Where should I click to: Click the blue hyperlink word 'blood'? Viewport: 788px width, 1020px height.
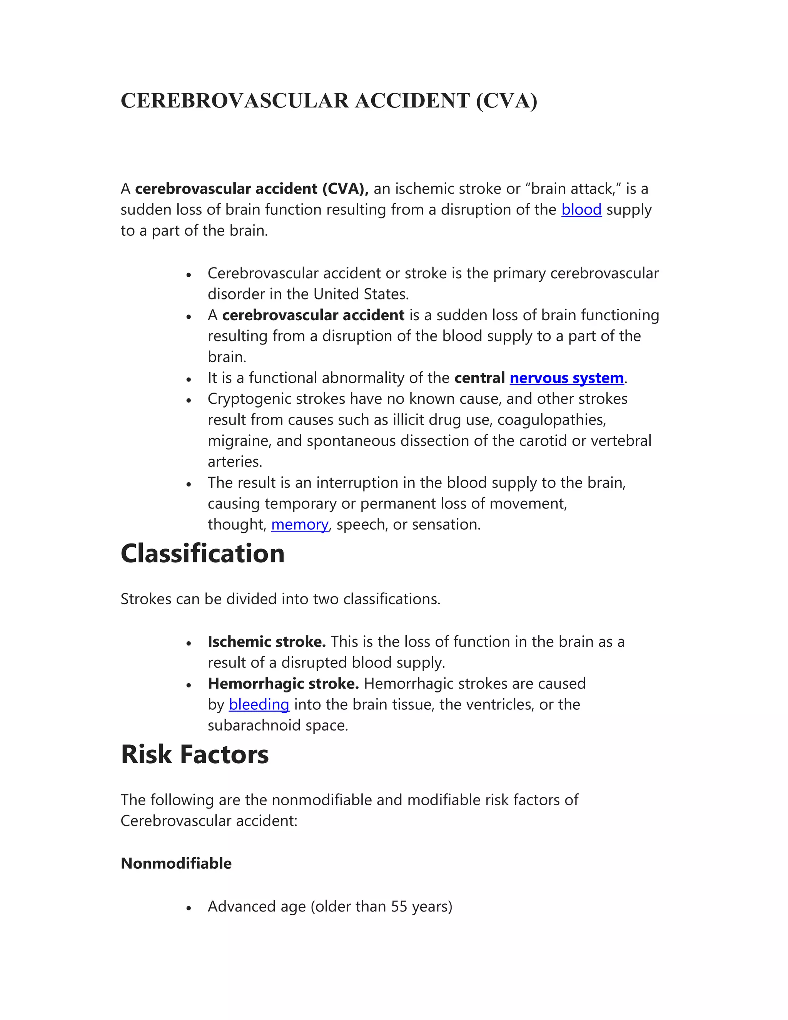tap(581, 210)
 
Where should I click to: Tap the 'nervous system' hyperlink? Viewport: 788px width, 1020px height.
tap(566, 378)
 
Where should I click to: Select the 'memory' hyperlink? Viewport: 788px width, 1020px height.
tap(300, 525)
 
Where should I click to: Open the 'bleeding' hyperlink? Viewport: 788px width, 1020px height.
tap(259, 704)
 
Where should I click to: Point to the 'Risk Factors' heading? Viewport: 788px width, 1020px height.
tap(194, 755)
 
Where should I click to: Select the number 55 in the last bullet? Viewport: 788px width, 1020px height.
tap(399, 906)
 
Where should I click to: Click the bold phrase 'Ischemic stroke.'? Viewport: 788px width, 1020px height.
tap(267, 642)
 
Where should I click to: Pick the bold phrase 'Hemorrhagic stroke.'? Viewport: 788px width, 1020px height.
tap(283, 684)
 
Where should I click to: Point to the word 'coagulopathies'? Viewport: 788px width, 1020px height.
tap(551, 420)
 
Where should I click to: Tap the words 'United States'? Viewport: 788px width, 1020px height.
tap(361, 294)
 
